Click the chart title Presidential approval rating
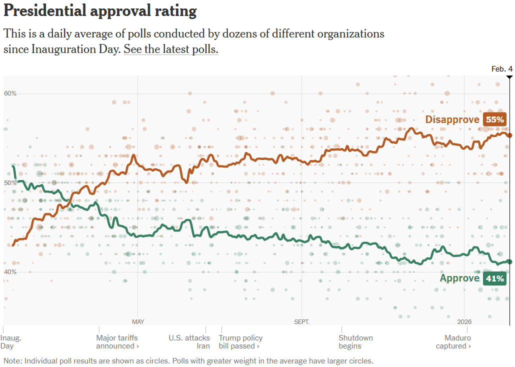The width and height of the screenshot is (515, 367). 100,11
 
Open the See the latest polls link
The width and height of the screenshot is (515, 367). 171,49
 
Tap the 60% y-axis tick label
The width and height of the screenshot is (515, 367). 10,93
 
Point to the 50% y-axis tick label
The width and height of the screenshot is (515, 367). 10,183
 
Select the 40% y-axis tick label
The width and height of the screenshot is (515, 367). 10,272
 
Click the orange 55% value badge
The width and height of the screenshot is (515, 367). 494,119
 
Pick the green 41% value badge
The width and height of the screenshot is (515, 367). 494,278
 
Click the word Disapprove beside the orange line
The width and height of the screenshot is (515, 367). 452,119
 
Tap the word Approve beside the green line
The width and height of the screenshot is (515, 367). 459,278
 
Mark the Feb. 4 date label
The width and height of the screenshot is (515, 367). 501,69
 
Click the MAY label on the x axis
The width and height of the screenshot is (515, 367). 138,321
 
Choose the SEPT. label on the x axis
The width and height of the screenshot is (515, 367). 301,321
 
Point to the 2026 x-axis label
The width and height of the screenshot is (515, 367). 464,321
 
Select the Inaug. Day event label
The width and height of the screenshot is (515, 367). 10,342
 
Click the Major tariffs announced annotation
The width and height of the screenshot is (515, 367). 117,342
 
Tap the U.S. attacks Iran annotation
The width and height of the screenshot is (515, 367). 190,342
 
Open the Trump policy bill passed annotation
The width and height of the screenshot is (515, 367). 240,342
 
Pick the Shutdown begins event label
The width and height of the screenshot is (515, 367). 355,342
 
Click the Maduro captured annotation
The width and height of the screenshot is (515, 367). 453,342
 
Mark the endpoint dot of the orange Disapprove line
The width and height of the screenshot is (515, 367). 509,135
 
